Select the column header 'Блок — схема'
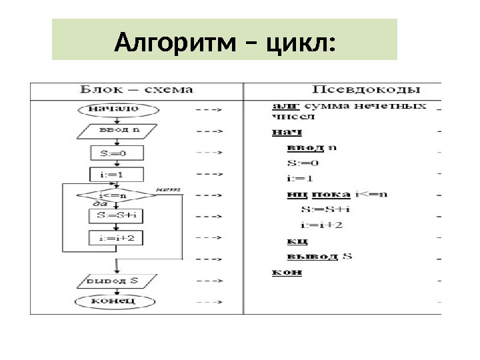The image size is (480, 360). (x=137, y=89)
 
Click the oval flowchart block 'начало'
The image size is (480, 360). (x=119, y=108)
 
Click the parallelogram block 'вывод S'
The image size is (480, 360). (x=115, y=280)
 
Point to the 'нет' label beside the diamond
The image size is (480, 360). (x=167, y=190)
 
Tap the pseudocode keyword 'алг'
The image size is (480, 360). (x=285, y=105)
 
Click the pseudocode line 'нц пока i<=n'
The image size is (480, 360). (x=327, y=195)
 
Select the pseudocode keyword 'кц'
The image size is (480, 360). (x=297, y=241)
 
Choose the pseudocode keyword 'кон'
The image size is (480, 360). (x=285, y=272)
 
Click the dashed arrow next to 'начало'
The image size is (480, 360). (x=208, y=108)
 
